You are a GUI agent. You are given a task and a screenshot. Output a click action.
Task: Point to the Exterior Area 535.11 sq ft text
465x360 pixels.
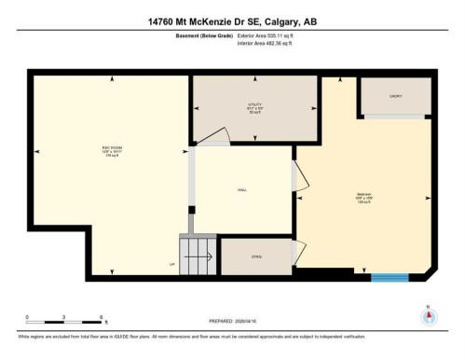pyautogui.click(x=272, y=36)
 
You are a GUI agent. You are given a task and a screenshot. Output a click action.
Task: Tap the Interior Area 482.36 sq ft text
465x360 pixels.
pyautogui.click(x=271, y=44)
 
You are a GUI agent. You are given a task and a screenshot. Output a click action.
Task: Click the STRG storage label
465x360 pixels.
pyautogui.click(x=254, y=256)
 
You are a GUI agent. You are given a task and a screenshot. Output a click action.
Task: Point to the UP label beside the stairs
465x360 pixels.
pyautogui.click(x=171, y=264)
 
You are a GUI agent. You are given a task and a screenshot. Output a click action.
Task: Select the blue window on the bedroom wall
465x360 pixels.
pyautogui.click(x=390, y=276)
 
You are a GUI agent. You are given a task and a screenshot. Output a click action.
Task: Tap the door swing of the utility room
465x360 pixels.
pyautogui.click(x=213, y=138)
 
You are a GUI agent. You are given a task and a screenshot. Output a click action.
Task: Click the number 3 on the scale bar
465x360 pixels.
pyautogui.click(x=62, y=318)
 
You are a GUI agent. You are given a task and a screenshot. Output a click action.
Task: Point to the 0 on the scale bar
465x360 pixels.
pyautogui.click(x=27, y=318)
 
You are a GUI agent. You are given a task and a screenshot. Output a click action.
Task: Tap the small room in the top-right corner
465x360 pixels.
pyautogui.click(x=395, y=95)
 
